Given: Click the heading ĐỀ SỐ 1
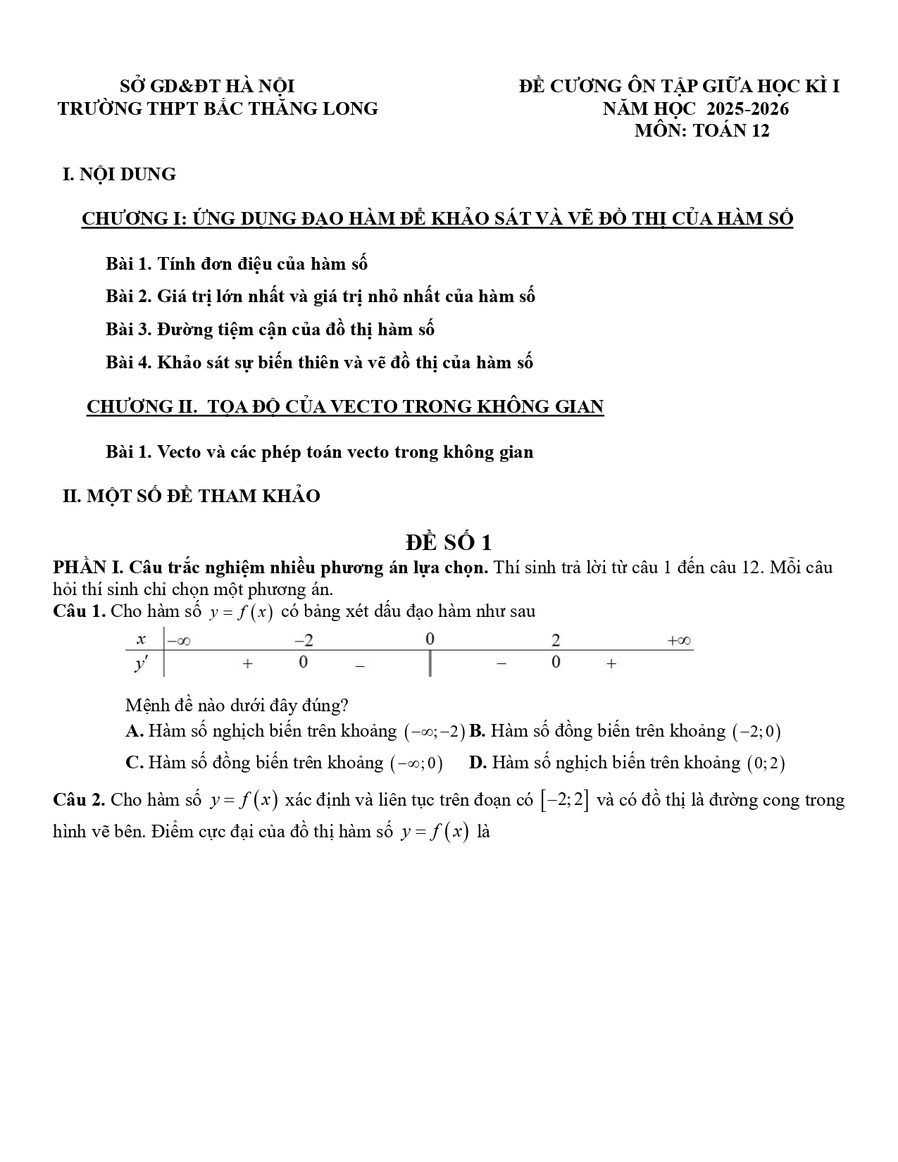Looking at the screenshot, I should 449,542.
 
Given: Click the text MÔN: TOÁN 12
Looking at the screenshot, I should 701,130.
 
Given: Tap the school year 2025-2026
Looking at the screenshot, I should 747,108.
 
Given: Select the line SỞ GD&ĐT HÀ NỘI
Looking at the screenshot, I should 208,87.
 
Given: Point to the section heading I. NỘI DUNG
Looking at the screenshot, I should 119,174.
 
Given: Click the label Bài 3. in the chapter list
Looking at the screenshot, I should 129,329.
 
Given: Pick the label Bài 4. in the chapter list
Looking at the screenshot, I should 129,362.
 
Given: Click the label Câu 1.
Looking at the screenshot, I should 79,611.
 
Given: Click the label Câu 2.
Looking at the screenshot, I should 79,799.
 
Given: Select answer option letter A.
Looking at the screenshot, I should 135,731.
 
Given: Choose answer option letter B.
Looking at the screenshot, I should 477,731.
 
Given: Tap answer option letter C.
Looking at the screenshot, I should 135,762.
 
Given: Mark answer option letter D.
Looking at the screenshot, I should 478,762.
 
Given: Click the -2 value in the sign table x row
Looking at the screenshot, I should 304,640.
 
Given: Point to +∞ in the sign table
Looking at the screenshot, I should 679,641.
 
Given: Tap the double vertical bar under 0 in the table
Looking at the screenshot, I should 430,663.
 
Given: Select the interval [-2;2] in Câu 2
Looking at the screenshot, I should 564,800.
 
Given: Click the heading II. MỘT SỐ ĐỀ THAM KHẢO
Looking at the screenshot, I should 192,496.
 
